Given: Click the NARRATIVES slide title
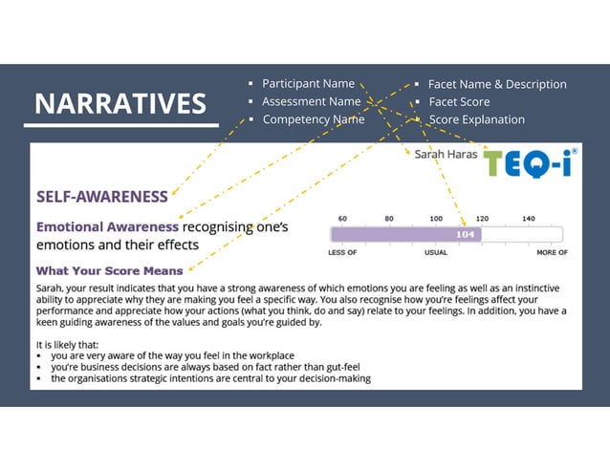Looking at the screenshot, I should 120,103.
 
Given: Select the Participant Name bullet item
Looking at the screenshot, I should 308,84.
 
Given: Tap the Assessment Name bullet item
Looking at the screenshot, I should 311,101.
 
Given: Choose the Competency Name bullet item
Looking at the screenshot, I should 313,119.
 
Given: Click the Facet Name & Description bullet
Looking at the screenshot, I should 496,84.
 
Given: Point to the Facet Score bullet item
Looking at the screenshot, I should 458,101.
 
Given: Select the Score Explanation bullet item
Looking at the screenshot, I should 476,119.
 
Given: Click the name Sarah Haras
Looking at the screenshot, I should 444,154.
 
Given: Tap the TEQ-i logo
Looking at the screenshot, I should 530,163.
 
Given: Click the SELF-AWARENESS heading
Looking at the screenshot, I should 101,197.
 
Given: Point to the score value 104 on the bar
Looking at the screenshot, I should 466,234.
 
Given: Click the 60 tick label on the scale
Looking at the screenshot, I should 342,218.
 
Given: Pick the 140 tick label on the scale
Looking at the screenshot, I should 529,218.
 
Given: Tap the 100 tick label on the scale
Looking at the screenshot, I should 435,218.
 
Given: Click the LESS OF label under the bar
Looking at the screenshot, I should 342,253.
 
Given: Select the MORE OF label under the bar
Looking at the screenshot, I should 552,253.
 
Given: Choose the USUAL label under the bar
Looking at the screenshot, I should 435,253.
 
